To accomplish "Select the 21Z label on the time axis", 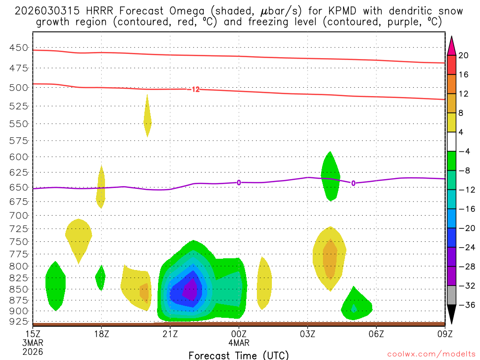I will click(170, 334).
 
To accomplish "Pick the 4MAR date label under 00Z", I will click(239, 343).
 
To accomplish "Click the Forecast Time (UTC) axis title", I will click(239, 355).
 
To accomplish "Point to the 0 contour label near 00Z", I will click(239, 182).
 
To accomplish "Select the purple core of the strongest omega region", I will click(190, 291).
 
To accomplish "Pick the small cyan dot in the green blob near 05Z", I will click(354, 308).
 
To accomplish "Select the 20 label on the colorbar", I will click(464, 55).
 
